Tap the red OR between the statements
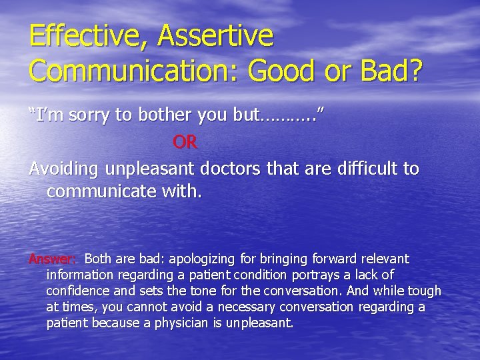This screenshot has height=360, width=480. tap(185, 142)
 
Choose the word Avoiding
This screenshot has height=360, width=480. tap(64, 169)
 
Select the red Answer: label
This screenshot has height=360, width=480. tap(53, 259)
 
